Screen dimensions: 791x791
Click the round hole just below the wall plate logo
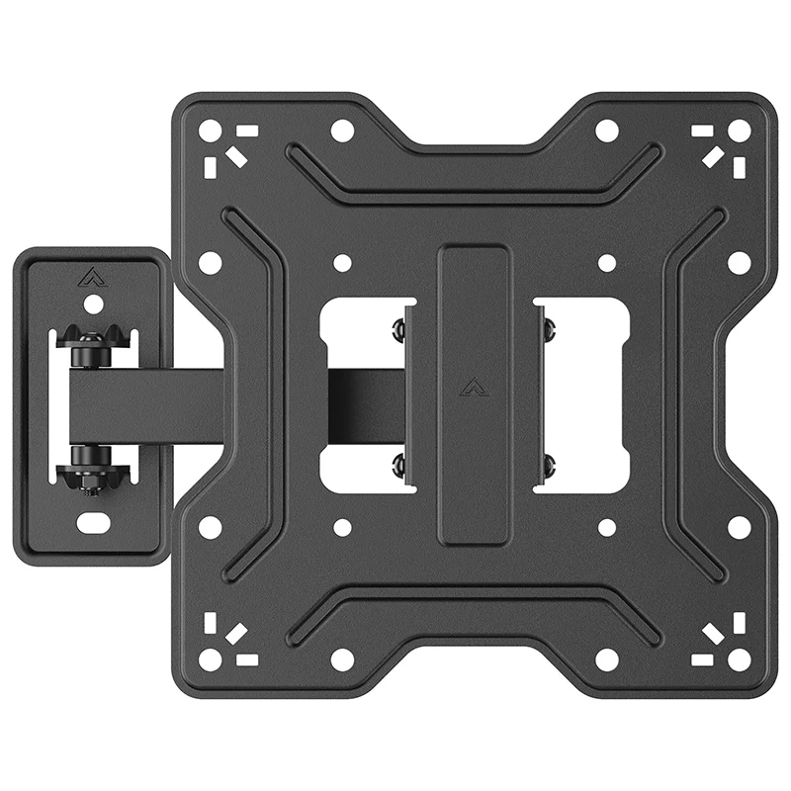click(92, 304)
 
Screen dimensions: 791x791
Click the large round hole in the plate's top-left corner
click(210, 130)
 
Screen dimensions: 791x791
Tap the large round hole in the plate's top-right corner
click(739, 130)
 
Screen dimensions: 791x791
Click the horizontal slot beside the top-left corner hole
click(246, 130)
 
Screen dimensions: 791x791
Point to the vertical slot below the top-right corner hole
click(739, 167)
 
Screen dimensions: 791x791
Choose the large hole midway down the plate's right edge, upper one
click(739, 262)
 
